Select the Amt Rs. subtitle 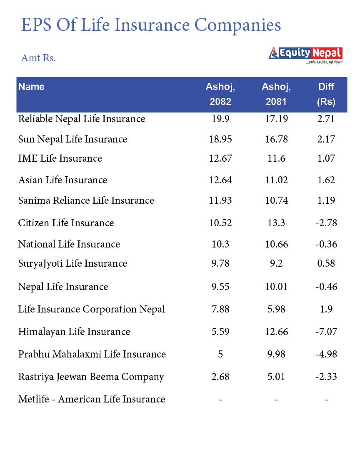point(38,57)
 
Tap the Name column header point(31,87)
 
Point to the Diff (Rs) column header point(326,94)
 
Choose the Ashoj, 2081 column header point(276,94)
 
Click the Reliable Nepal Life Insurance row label point(82,119)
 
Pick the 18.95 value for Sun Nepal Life point(220,139)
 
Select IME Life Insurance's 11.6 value point(276,158)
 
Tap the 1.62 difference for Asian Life point(326,180)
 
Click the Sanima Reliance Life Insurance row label point(86,200)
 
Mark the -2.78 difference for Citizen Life point(326,223)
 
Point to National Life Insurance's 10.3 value point(220,244)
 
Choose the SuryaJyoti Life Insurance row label point(72,263)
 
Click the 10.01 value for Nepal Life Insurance point(276,287)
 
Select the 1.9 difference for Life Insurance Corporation point(326,309)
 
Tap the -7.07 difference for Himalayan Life point(326,332)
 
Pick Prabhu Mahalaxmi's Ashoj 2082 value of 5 point(220,354)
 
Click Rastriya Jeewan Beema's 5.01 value point(276,377)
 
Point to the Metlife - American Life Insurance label point(92,399)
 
